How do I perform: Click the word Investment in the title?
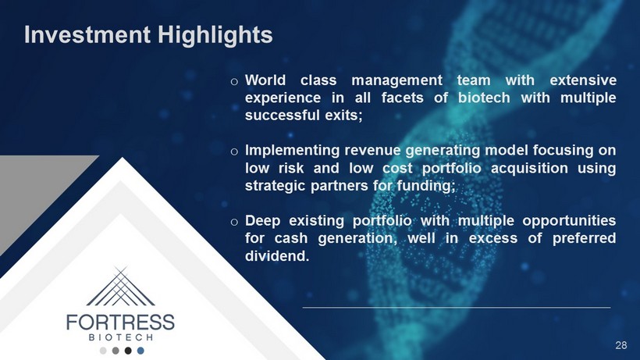point(87,34)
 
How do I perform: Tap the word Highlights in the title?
point(215,35)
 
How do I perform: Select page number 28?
point(620,345)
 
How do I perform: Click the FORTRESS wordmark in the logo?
point(120,323)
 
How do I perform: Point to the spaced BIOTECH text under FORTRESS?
point(121,337)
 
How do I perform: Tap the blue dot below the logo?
point(140,351)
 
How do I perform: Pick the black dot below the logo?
point(128,351)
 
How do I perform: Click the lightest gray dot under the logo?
point(103,351)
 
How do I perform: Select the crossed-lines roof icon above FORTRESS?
point(121,287)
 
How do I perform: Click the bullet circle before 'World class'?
point(234,82)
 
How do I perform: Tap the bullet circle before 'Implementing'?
point(234,151)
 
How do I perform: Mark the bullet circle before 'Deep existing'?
point(234,222)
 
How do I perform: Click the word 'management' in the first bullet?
point(396,80)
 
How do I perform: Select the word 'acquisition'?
point(529,168)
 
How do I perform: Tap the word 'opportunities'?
point(569,221)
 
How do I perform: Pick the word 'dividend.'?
point(277,256)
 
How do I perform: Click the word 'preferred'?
point(584,238)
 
